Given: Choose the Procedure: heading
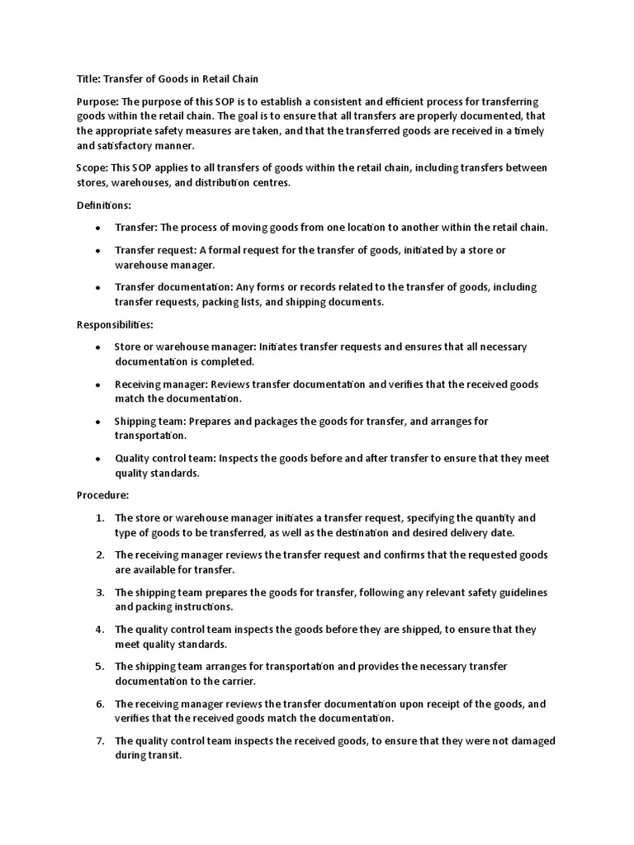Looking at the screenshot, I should coord(102,495).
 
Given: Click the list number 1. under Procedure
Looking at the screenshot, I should coord(98,518).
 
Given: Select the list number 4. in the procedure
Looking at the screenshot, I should coord(98,630).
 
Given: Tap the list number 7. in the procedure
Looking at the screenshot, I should coord(98,741).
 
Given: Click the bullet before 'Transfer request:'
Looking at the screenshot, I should coord(98,251).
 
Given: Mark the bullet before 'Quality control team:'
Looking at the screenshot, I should coord(98,459).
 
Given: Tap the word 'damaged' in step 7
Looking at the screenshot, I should coord(528,741).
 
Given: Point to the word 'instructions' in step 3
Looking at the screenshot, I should coord(199,607).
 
